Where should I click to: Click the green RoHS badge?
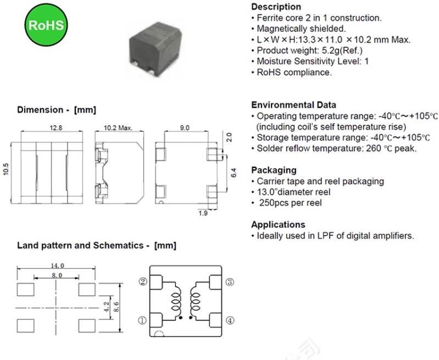click(46, 25)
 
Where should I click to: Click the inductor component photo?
click(154, 42)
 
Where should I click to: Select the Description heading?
click(276, 7)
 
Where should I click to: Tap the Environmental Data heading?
click(293, 105)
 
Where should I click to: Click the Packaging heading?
click(274, 170)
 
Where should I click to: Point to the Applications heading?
click(278, 224)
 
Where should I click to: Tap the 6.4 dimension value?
click(233, 173)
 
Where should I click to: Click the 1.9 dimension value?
click(203, 213)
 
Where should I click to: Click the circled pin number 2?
click(142, 281)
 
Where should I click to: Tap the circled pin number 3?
click(230, 282)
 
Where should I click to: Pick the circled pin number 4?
click(230, 320)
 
